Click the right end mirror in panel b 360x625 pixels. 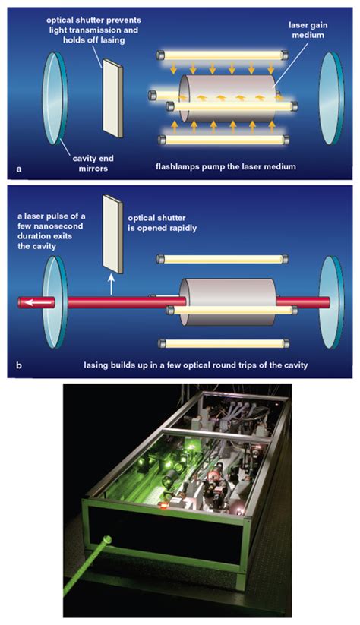coord(333,302)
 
